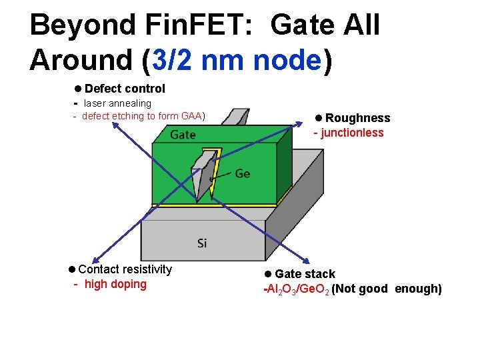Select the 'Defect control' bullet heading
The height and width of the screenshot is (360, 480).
pyautogui.click(x=125, y=89)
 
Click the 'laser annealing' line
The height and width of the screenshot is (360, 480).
pyautogui.click(x=117, y=103)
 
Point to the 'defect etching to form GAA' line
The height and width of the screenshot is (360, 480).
pyautogui.click(x=143, y=116)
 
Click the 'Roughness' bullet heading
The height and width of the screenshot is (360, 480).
pyautogui.click(x=357, y=118)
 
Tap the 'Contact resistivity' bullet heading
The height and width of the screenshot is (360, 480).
pyautogui.click(x=125, y=269)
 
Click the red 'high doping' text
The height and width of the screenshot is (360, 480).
pyautogui.click(x=115, y=284)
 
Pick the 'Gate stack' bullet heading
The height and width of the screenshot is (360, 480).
pyautogui.click(x=305, y=274)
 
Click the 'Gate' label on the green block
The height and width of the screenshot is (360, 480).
pyautogui.click(x=183, y=135)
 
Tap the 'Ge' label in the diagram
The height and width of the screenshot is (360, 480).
pyautogui.click(x=243, y=174)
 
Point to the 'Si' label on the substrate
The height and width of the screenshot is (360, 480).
pyautogui.click(x=202, y=243)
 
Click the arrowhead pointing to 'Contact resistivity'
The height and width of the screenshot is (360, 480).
pyautogui.click(x=94, y=261)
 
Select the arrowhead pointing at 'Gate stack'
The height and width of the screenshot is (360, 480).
pyautogui.click(x=306, y=263)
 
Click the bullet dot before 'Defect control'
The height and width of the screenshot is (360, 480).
pyautogui.click(x=78, y=89)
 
